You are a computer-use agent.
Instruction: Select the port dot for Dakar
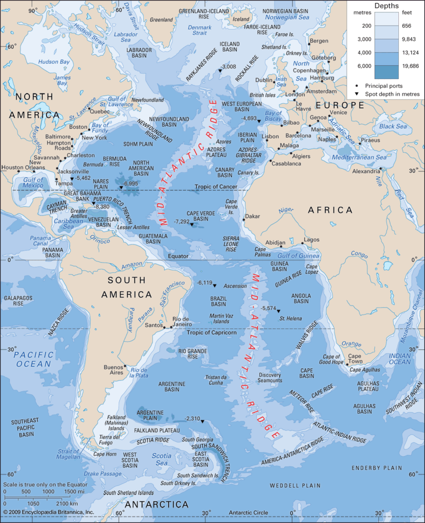tap(243, 217)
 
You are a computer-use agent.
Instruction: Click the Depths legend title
tap(387, 6)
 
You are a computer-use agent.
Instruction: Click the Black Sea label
tap(393, 126)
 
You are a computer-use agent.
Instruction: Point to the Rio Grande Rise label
tap(192, 354)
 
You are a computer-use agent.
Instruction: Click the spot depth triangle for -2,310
tap(202, 421)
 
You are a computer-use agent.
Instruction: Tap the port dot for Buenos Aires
tap(125, 366)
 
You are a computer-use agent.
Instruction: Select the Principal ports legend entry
tap(384, 85)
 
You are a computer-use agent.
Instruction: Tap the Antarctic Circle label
tap(248, 512)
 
